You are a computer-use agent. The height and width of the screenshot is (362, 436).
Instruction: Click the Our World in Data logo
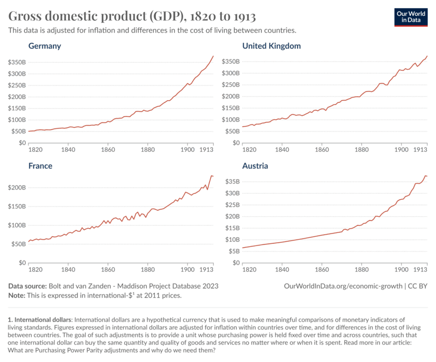pyautogui.click(x=411, y=17)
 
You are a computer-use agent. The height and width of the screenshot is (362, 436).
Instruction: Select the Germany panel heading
pyautogui.click(x=45, y=46)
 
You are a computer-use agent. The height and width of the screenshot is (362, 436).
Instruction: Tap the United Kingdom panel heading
pyautogui.click(x=271, y=46)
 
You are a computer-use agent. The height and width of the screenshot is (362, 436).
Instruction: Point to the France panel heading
pyautogui.click(x=40, y=165)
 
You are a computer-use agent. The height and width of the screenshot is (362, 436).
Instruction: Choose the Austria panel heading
pyautogui.click(x=255, y=165)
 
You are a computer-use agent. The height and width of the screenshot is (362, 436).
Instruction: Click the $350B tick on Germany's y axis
pyautogui.click(x=16, y=62)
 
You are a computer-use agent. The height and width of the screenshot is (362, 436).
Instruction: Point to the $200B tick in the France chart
pyautogui.click(x=16, y=187)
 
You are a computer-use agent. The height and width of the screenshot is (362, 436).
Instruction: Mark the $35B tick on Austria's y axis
pyautogui.click(x=232, y=181)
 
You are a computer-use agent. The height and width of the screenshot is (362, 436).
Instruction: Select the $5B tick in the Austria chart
pyautogui.click(x=234, y=251)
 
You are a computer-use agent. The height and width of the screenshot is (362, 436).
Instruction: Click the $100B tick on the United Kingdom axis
pyautogui.click(x=231, y=120)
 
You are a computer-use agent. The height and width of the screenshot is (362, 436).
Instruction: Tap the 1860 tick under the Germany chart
pyautogui.click(x=107, y=149)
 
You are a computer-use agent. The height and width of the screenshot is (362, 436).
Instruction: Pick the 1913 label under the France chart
pyautogui.click(x=206, y=269)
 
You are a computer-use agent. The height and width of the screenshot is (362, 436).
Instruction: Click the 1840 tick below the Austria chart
pyautogui.click(x=282, y=269)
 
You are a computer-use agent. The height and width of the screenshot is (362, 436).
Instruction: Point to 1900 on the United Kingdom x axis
pyautogui.click(x=401, y=149)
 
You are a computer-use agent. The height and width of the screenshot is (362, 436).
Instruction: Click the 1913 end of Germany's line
pyautogui.click(x=213, y=56)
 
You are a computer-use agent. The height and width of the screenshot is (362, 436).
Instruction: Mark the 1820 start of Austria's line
pyautogui.click(x=243, y=248)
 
